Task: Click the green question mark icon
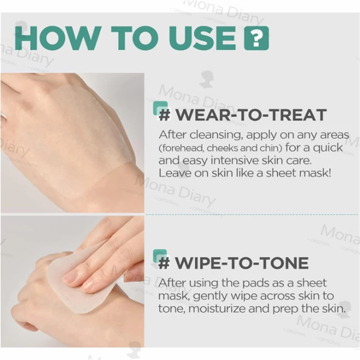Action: point(256,38)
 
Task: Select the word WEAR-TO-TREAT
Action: point(251,115)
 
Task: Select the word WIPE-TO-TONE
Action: point(242,263)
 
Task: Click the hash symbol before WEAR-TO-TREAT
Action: point(165,115)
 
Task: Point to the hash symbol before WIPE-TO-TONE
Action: point(164,263)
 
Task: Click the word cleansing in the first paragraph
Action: point(216,135)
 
